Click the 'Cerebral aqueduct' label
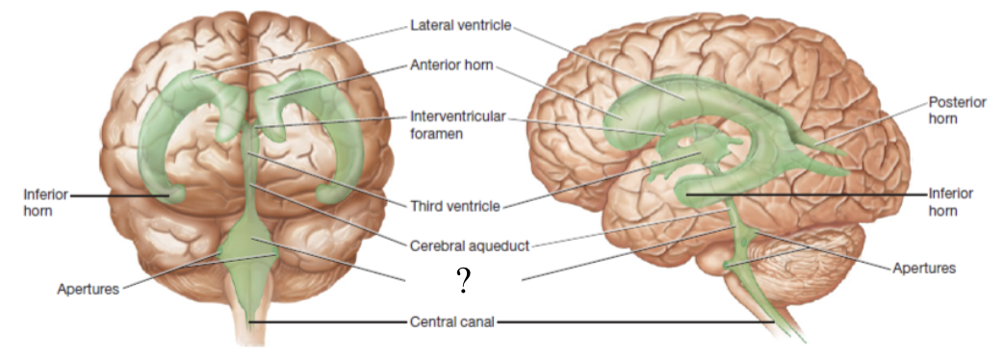click(x=471, y=245)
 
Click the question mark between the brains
click(x=463, y=280)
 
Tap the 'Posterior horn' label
click(x=957, y=110)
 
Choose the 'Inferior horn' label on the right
click(x=951, y=201)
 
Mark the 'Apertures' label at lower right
click(x=924, y=268)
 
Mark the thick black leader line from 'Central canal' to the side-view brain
click(x=635, y=322)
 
